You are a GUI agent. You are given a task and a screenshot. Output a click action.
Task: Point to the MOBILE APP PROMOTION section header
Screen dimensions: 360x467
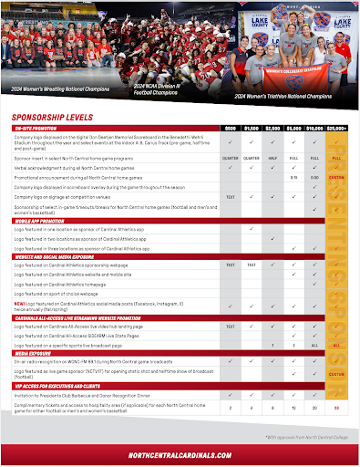[x=39, y=220]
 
